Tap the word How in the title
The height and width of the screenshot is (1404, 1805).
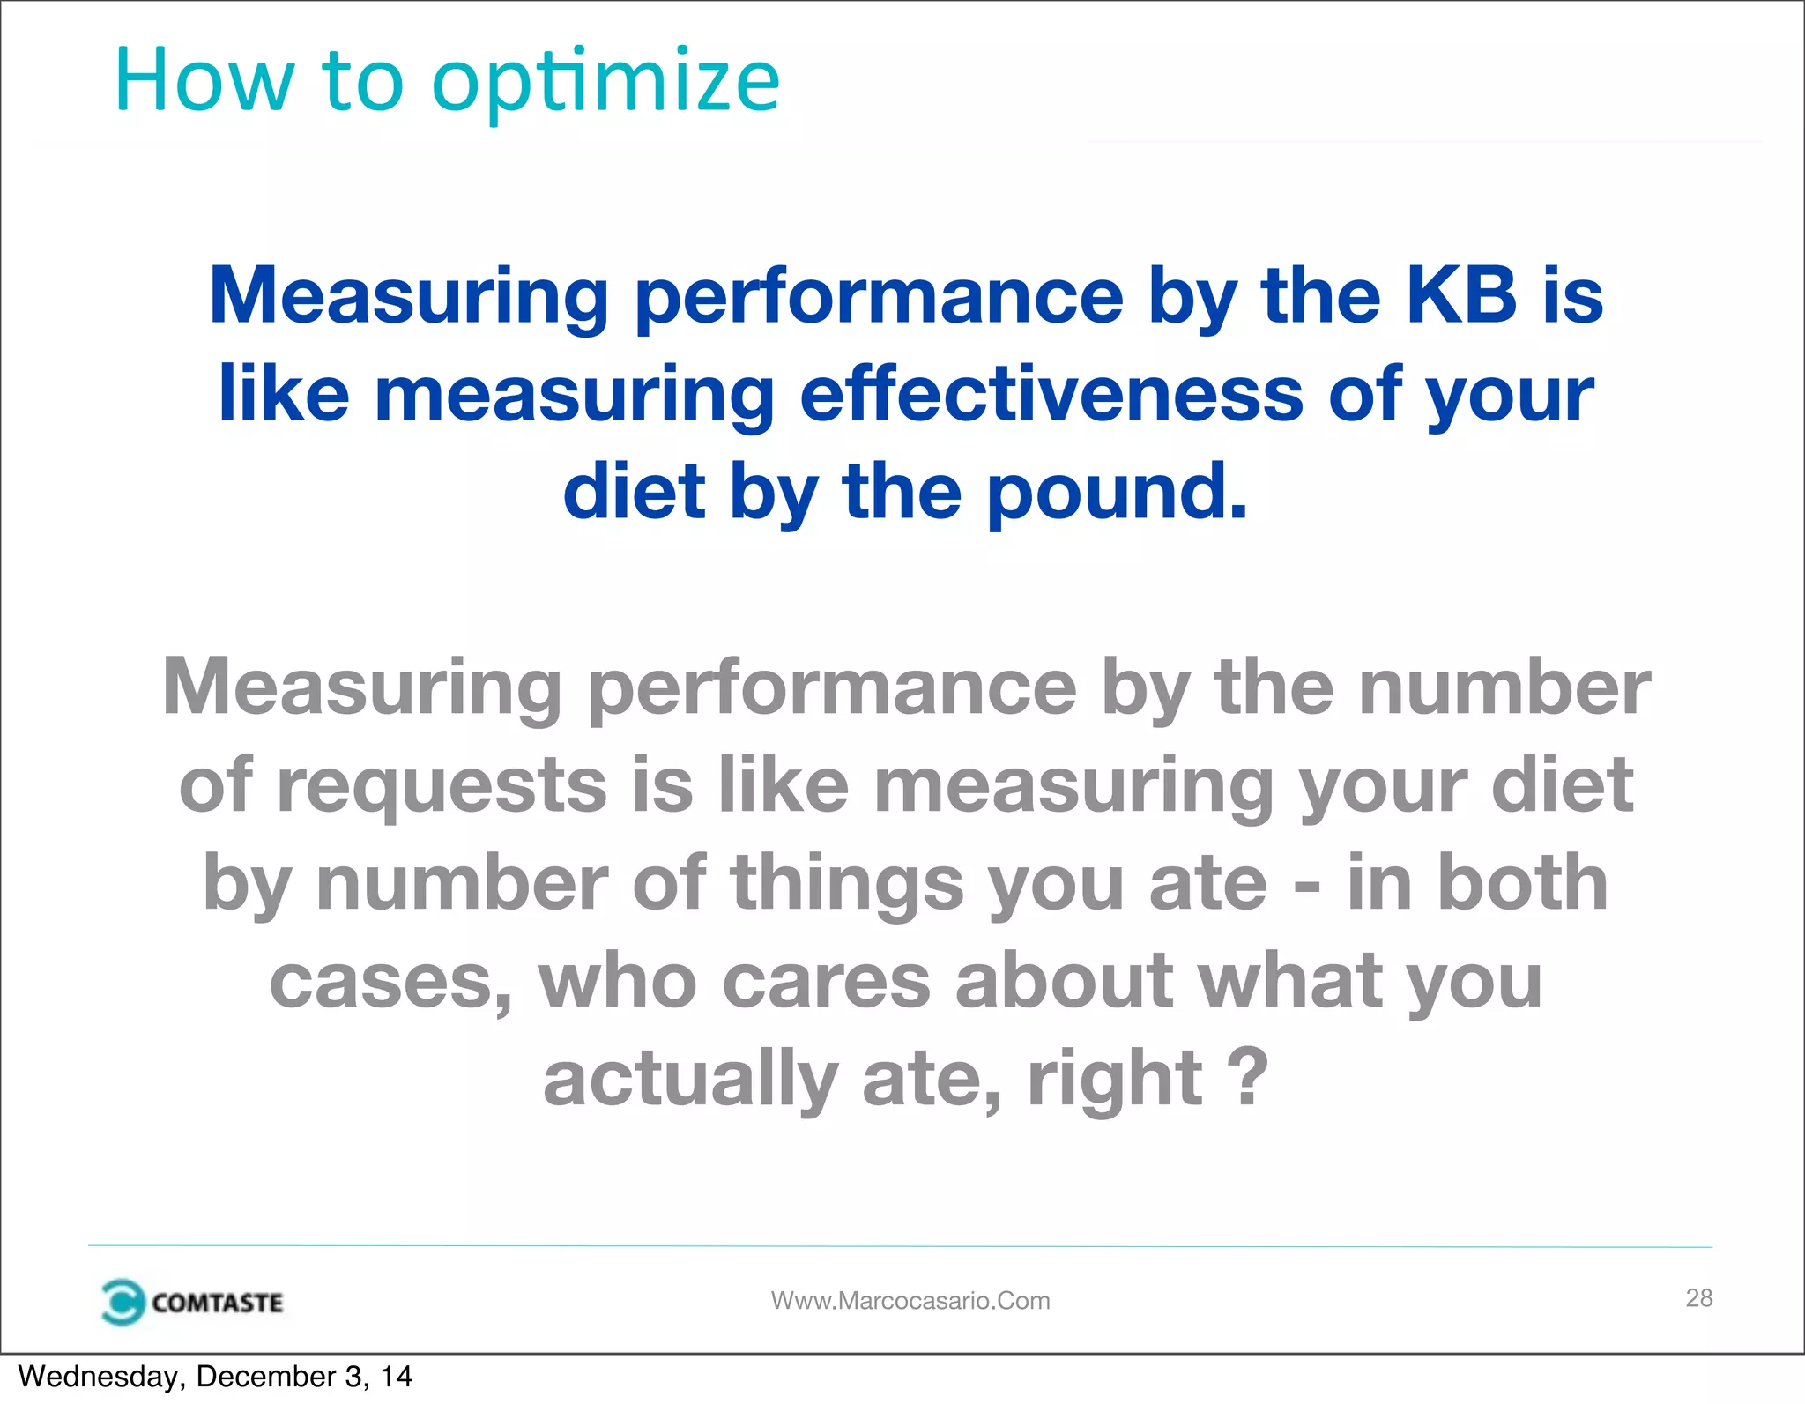pyautogui.click(x=204, y=81)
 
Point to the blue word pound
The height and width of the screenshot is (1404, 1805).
pyautogui.click(x=1117, y=491)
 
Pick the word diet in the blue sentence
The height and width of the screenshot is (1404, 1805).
pyautogui.click(x=635, y=491)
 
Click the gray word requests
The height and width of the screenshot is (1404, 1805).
pyautogui.click(x=442, y=785)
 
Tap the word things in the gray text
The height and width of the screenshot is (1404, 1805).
pyautogui.click(x=847, y=883)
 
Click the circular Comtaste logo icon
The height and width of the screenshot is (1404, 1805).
pyautogui.click(x=122, y=1302)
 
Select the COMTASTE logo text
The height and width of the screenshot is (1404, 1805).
pyautogui.click(x=217, y=1303)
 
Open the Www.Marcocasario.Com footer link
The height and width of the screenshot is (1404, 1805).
pyautogui.click(x=910, y=1301)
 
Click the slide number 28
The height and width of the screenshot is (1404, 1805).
pyautogui.click(x=1698, y=1297)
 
